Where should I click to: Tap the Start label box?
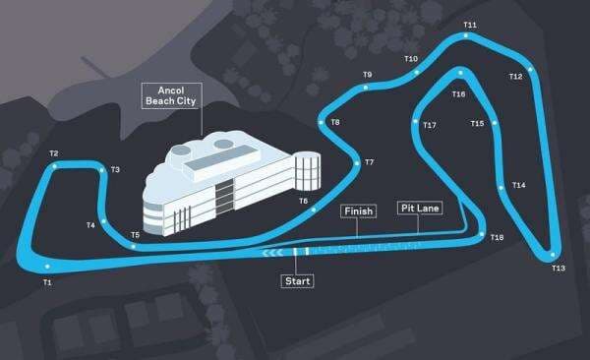coord(296,282)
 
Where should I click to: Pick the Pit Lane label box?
coord(420,208)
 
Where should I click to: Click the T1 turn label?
coord(46,283)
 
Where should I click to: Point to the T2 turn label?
coord(53,153)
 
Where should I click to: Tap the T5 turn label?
coord(135,235)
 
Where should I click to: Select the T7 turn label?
coord(369,162)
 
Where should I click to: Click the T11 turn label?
coord(470,25)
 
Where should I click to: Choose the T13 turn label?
coord(559,268)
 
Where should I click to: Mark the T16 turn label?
coord(458,94)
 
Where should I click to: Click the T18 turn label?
coord(497,238)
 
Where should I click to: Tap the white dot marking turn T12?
coord(530,69)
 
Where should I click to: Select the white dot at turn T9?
coord(366,87)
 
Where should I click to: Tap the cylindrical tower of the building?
coord(308,172)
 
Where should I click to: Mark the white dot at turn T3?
coord(101,170)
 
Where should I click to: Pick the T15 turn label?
coord(477,124)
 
